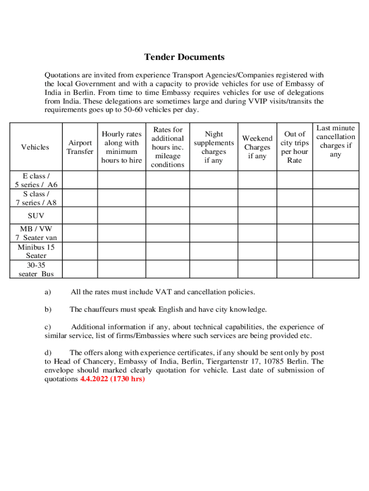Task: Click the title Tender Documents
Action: (x=184, y=57)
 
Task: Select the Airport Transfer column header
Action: (x=80, y=147)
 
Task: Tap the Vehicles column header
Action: (x=35, y=147)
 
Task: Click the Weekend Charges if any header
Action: (x=257, y=147)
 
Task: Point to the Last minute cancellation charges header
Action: (x=335, y=141)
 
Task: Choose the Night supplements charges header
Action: (x=214, y=147)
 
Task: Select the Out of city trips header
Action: (x=294, y=147)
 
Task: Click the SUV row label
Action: (x=35, y=216)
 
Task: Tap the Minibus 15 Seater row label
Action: (x=35, y=251)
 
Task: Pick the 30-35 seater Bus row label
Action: (x=35, y=269)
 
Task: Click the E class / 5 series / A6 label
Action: (x=35, y=180)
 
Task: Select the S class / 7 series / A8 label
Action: (x=35, y=198)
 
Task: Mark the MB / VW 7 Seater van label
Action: (x=35, y=234)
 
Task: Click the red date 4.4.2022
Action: (x=94, y=379)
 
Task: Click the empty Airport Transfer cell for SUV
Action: (x=80, y=216)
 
